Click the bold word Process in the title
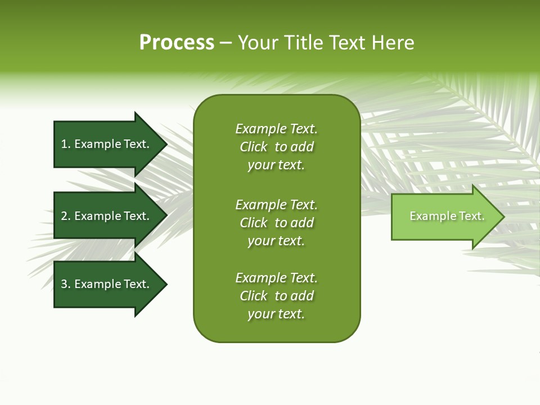[177, 43]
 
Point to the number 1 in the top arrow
[64, 144]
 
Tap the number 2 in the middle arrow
[64, 216]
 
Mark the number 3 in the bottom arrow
[64, 284]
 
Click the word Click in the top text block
[254, 147]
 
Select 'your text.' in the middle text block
[276, 241]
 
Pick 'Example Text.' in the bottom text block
[276, 278]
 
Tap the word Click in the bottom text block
[254, 296]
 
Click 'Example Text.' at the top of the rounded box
[276, 129]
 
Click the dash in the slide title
[226, 43]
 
